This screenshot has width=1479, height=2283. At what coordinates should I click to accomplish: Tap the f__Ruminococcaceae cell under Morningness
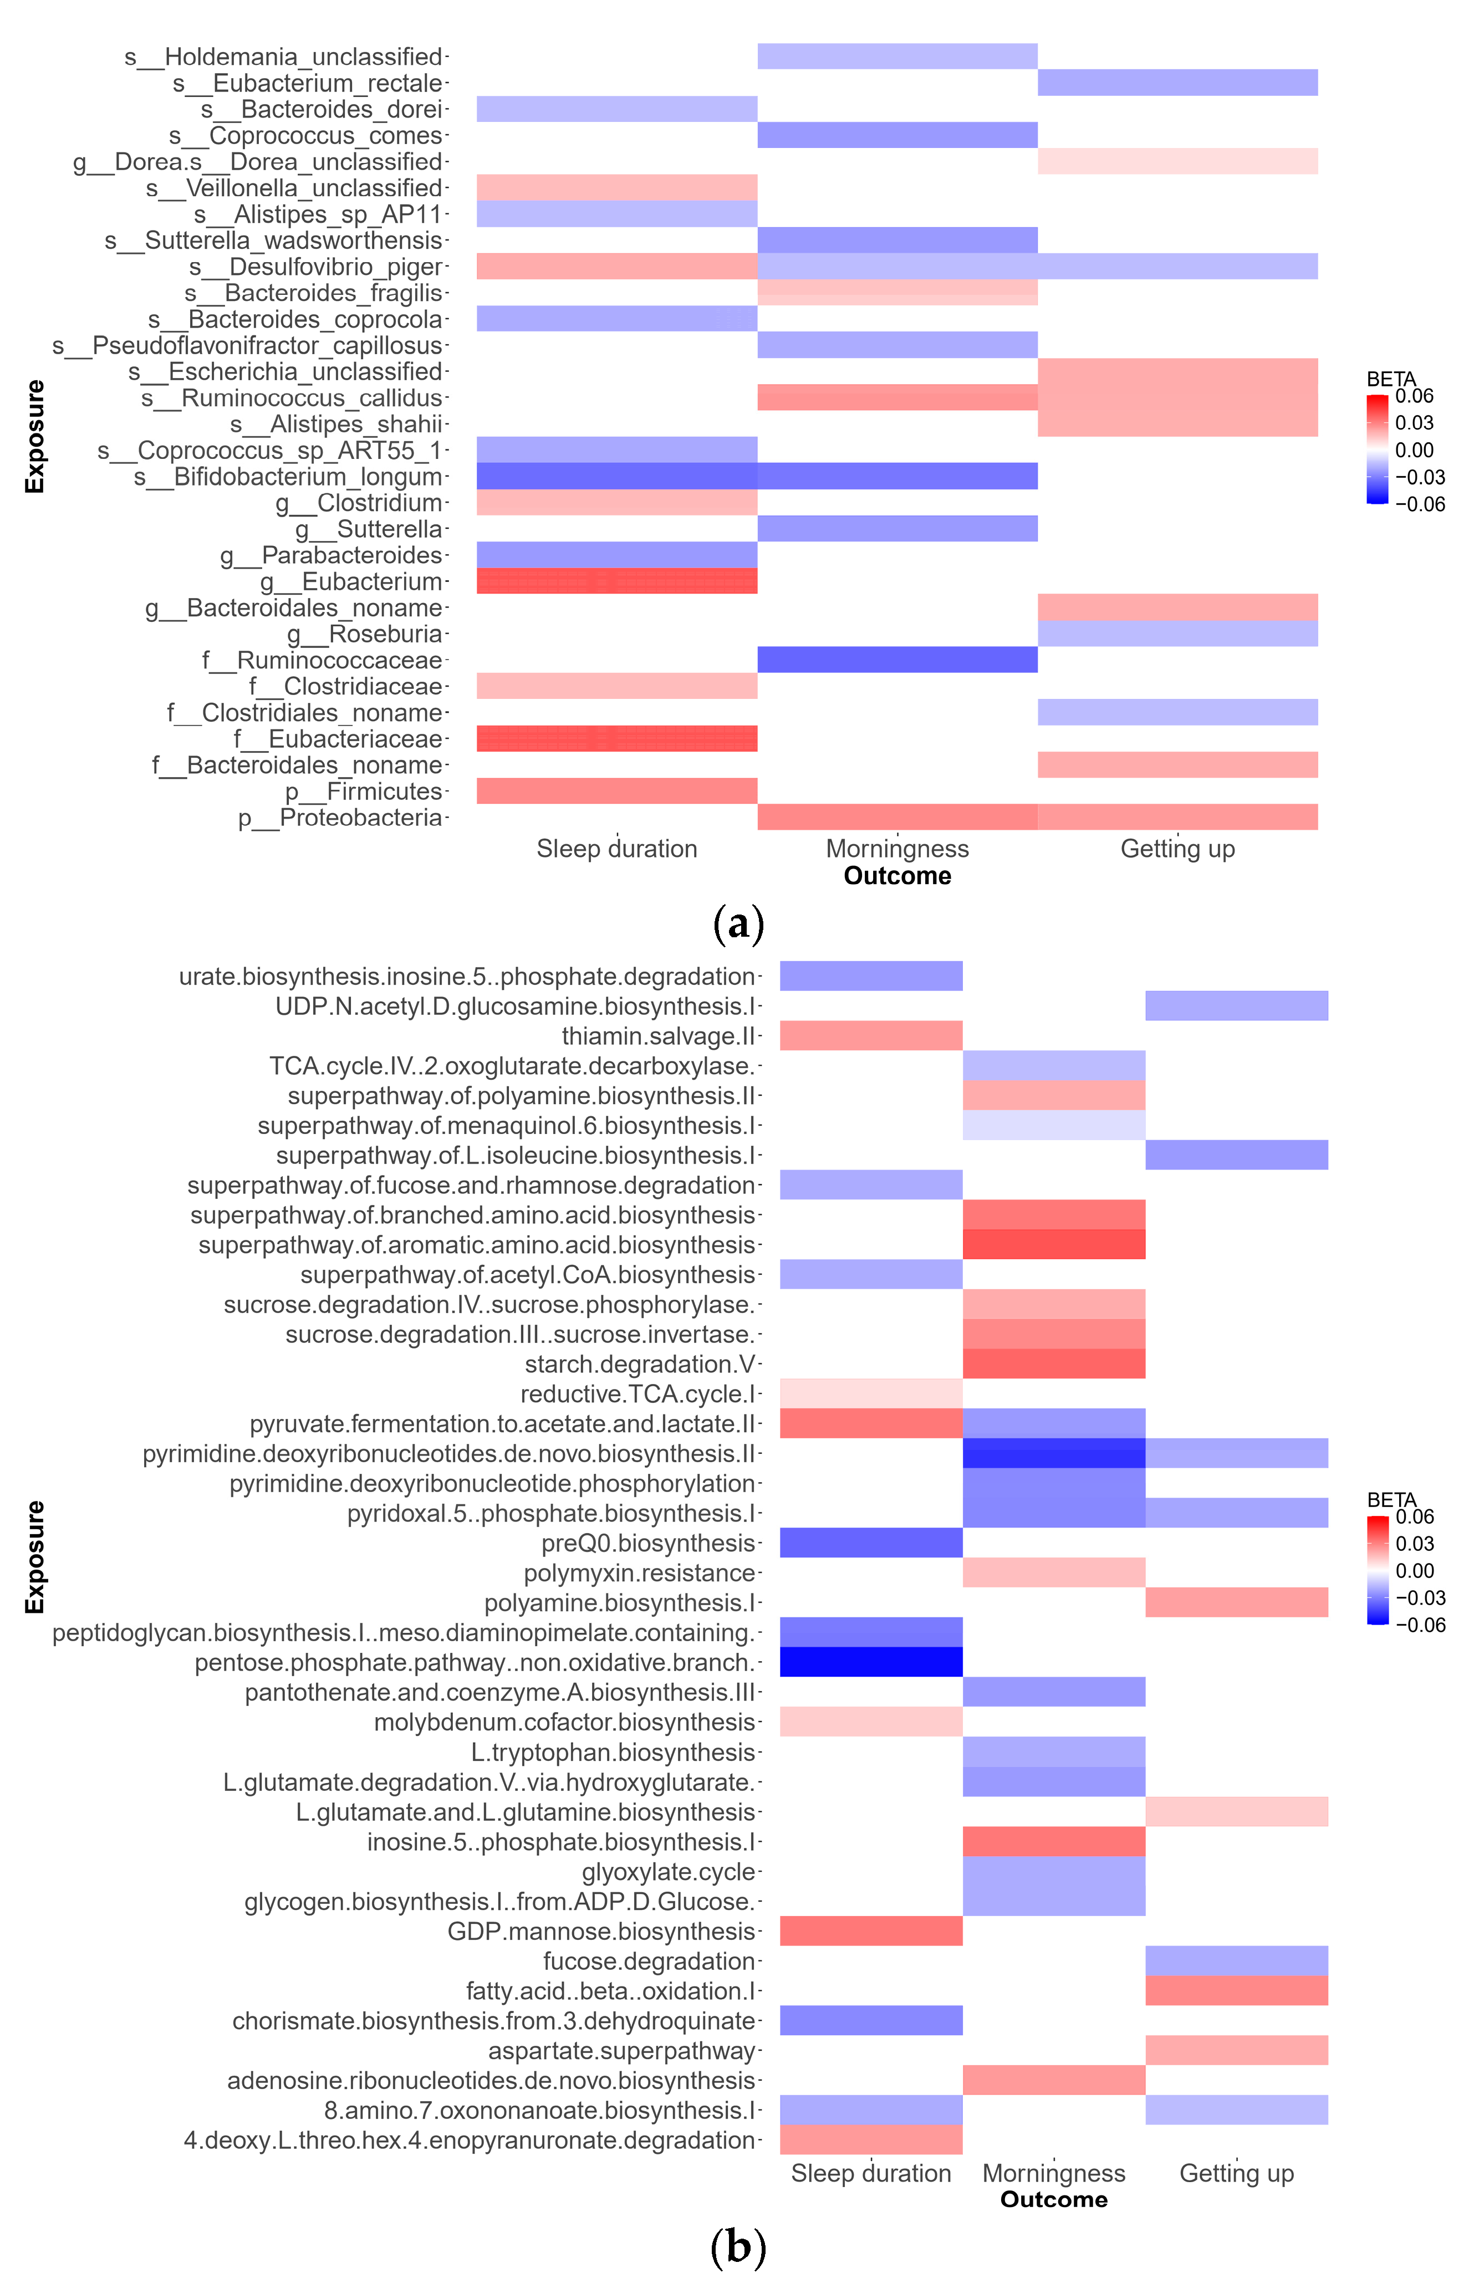coord(897,660)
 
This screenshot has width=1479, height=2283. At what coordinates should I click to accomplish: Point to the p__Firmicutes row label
coord(364,791)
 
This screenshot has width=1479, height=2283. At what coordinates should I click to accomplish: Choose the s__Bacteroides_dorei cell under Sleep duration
coord(617,109)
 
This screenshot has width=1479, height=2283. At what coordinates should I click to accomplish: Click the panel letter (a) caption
coord(738,924)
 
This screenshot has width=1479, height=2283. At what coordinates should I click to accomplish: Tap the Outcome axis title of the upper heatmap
coord(897,876)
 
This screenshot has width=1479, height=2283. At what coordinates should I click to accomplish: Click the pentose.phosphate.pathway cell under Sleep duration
coord(871,1662)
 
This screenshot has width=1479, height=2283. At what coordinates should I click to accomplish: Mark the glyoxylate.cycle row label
coord(670,1872)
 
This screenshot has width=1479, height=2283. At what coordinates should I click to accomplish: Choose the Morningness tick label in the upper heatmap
coord(897,849)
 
